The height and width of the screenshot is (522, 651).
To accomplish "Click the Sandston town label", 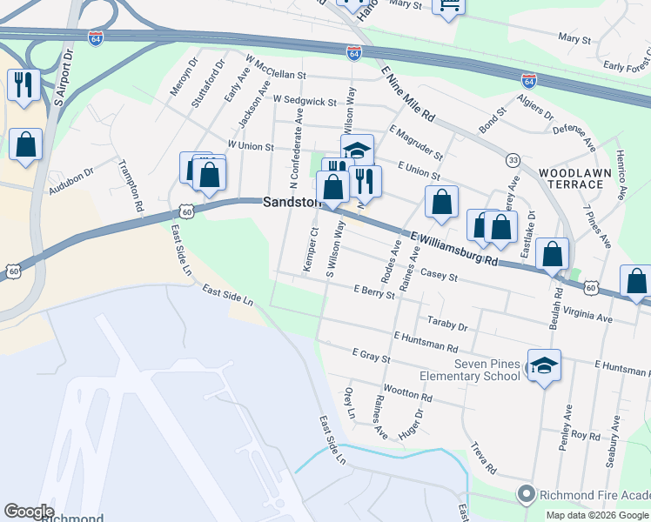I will pyautogui.click(x=291, y=202).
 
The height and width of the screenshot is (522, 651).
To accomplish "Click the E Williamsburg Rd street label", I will pyautogui.click(x=454, y=248).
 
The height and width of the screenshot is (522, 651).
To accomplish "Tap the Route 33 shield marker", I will pyautogui.click(x=513, y=160).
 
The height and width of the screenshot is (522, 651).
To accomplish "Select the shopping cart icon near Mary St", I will pyautogui.click(x=449, y=7).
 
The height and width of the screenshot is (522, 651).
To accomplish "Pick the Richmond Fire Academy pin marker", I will pyautogui.click(x=526, y=494).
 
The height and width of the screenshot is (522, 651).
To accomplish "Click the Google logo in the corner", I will pyautogui.click(x=28, y=512).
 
